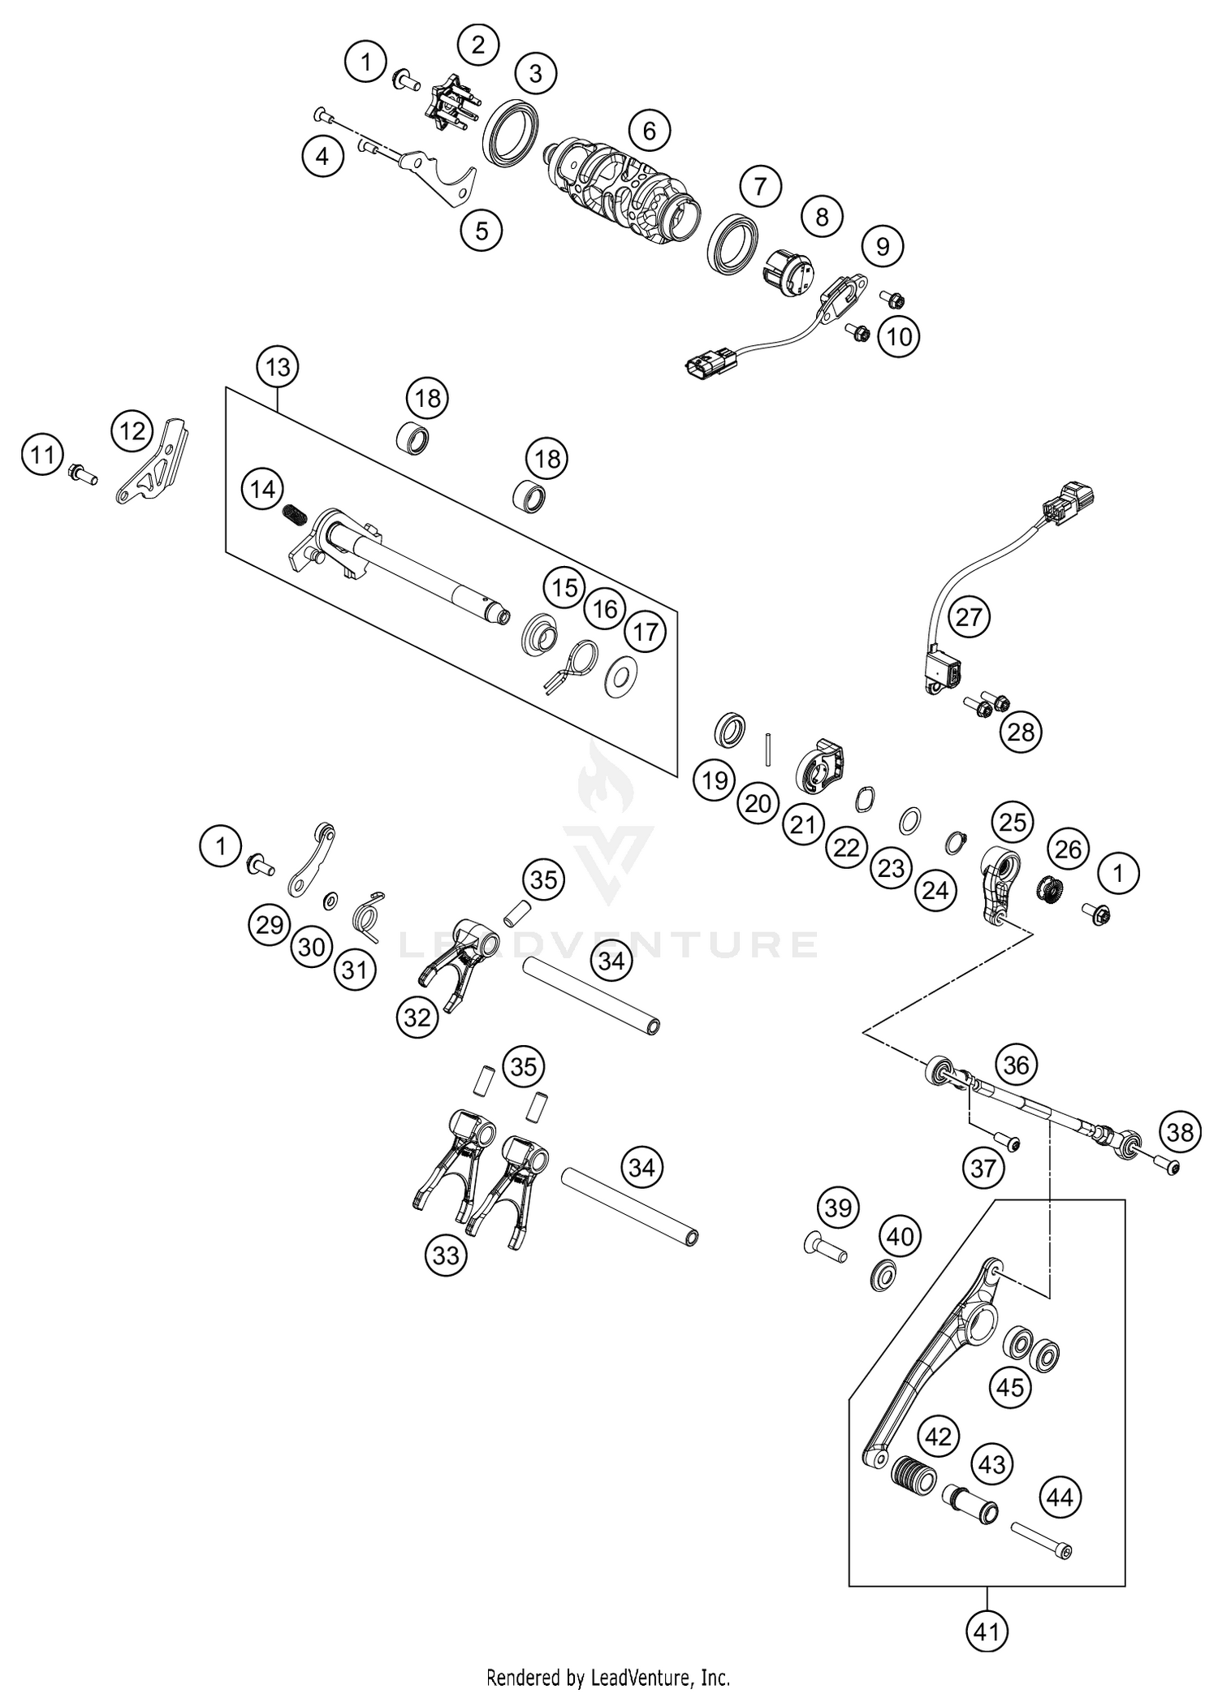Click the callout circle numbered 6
pyautogui.click(x=649, y=130)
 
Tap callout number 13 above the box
pyautogui.click(x=278, y=367)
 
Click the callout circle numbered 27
pyautogui.click(x=969, y=616)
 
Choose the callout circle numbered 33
pyautogui.click(x=446, y=1255)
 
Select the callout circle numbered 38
pyautogui.click(x=1180, y=1130)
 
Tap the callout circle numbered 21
pyautogui.click(x=803, y=825)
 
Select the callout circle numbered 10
pyautogui.click(x=900, y=335)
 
